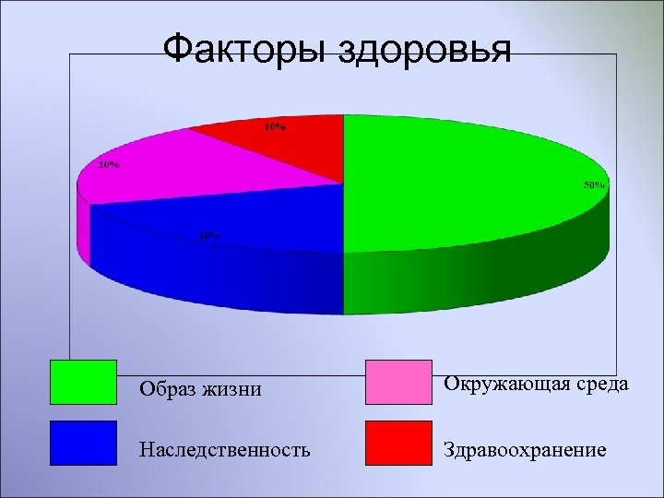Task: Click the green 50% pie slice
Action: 461,184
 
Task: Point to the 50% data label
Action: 594,185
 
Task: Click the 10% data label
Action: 275,127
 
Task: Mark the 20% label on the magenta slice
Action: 108,165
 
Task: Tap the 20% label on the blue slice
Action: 209,235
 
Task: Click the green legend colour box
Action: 83,382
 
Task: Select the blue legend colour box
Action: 83,443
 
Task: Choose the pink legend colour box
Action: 398,382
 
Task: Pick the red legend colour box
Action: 398,443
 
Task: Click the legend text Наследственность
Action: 224,450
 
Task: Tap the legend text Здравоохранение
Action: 526,450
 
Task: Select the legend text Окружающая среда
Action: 537,384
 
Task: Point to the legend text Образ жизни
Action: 200,389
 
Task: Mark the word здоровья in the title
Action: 425,50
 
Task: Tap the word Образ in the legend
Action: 166,389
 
